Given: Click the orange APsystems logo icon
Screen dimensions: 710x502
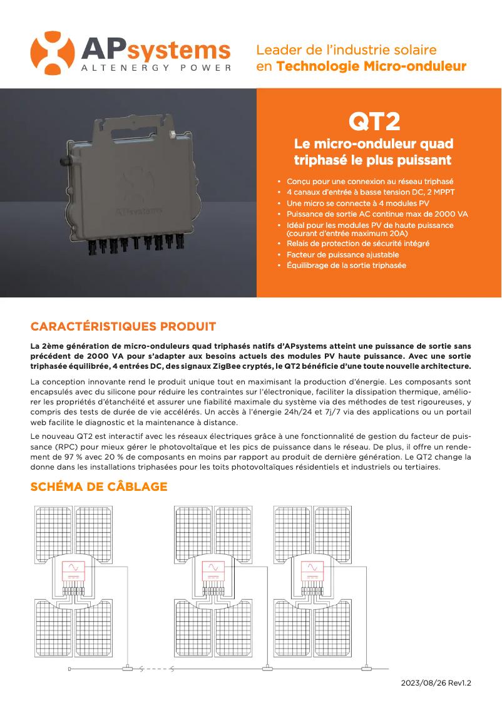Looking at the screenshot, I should click(53, 53).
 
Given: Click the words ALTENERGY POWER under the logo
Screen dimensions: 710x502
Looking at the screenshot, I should click(156, 68).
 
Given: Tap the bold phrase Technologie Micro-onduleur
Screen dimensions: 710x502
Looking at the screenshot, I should click(371, 66).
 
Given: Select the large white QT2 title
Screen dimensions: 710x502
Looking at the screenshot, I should click(374, 121).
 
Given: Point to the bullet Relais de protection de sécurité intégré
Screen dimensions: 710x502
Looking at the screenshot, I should click(358, 243).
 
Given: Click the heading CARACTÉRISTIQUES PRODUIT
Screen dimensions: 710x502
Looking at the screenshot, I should click(123, 327).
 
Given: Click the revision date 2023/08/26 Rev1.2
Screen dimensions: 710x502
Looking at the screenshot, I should click(436, 683).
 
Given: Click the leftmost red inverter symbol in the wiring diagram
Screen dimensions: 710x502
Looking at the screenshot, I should click(73, 570).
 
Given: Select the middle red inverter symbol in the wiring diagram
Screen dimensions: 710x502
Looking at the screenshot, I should click(214, 570).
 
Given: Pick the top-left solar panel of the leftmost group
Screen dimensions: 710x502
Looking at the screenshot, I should click(52, 525).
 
